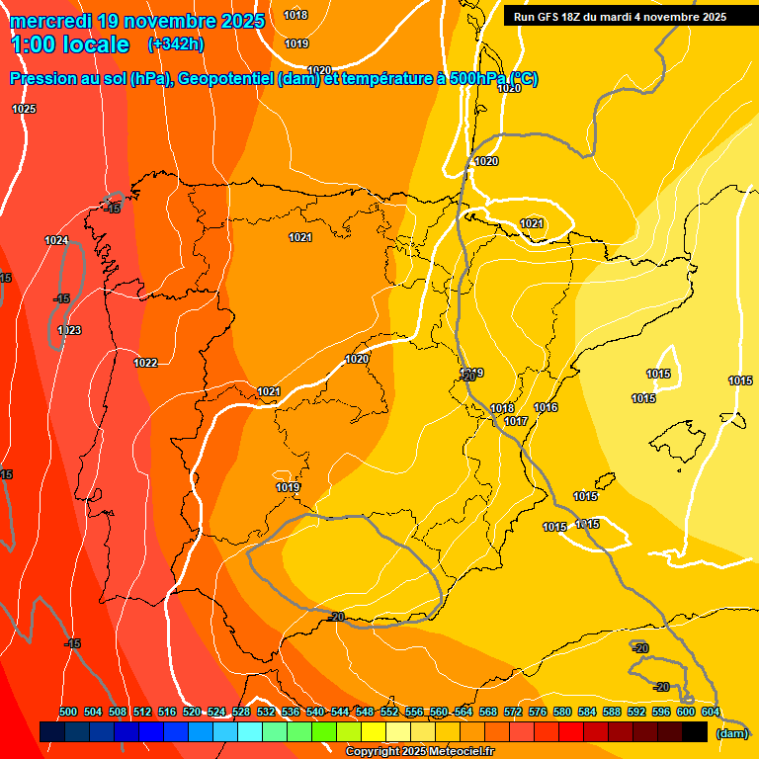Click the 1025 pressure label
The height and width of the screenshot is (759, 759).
[24, 109]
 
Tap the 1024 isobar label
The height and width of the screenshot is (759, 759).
[56, 240]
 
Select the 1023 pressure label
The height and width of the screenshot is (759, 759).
[69, 330]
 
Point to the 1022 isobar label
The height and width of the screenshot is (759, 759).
[145, 363]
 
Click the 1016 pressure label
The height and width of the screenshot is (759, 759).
[546, 407]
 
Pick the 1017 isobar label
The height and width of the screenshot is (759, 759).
[516, 421]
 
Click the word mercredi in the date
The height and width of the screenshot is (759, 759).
[51, 21]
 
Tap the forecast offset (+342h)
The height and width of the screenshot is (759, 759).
[175, 44]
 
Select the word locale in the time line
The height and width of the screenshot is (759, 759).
[94, 44]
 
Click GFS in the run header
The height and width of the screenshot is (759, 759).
[549, 16]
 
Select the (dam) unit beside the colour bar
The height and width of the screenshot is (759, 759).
[731, 732]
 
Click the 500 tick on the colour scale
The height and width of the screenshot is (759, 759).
[68, 712]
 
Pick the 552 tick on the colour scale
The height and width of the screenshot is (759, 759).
[389, 712]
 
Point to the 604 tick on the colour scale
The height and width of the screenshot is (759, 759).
[710, 712]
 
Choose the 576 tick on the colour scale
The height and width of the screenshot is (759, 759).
[538, 712]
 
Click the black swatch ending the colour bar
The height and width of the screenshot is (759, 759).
[695, 731]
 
